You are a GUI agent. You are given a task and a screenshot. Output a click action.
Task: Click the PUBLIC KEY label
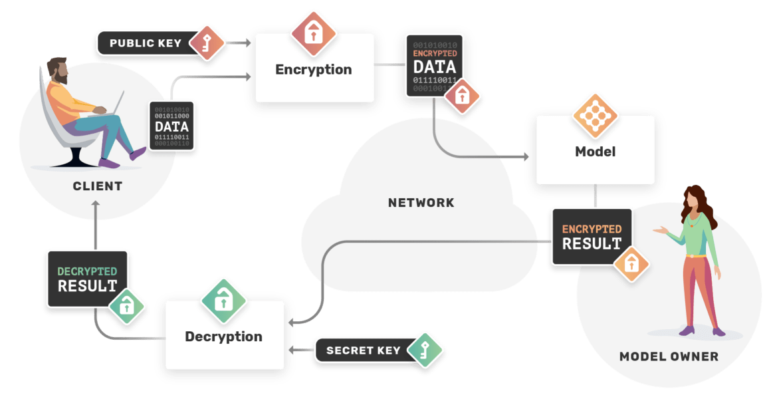[145, 43]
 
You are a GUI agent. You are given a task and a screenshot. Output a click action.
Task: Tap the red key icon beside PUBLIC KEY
[206, 43]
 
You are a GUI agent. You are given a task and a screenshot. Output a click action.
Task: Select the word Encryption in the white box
[313, 69]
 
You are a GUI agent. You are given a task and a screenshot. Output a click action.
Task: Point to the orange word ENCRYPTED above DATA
[435, 53]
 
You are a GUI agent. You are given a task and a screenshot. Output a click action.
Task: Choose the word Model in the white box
[595, 152]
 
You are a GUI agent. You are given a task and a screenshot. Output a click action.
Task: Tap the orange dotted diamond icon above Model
[595, 115]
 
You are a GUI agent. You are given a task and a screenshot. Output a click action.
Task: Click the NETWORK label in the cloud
[421, 202]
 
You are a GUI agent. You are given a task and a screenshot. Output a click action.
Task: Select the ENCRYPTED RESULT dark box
[591, 237]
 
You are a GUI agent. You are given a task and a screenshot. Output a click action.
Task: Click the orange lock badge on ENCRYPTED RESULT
[631, 264]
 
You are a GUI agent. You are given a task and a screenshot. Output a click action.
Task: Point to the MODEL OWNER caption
[669, 356]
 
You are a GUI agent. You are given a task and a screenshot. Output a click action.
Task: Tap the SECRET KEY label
[363, 350]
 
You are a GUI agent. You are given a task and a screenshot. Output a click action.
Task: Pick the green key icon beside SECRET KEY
[424, 350]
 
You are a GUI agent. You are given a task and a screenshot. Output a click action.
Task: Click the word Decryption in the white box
[223, 336]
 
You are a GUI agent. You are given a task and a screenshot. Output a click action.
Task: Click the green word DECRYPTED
[86, 271]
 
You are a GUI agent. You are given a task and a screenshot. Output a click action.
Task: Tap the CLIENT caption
[97, 186]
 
